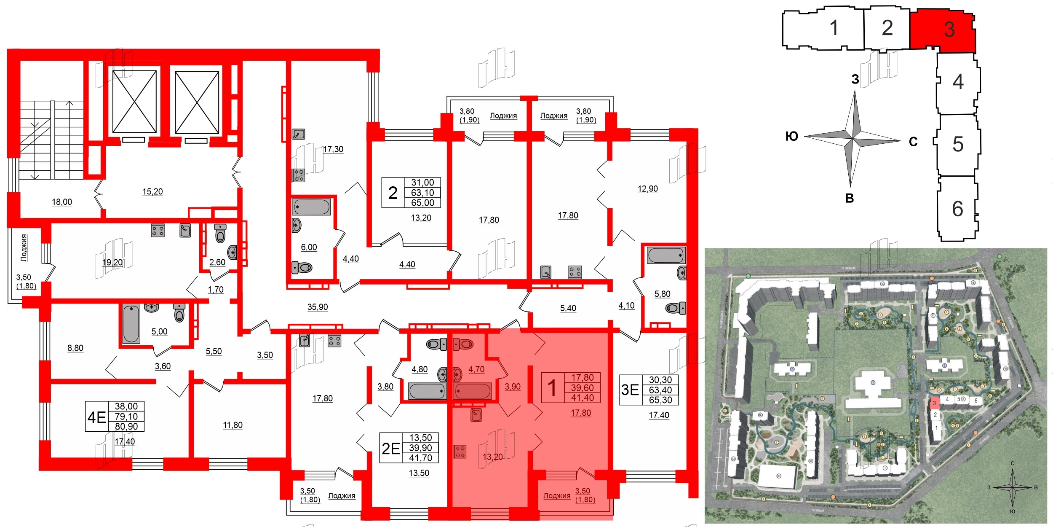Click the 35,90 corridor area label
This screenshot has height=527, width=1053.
pos(318,307)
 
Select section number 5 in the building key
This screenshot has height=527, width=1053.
pos(958,144)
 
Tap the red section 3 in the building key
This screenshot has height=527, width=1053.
pos(943,30)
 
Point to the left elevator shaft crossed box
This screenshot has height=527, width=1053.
pos(134,102)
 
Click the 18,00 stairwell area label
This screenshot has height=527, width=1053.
pos(62,202)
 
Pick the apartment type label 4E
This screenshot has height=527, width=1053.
pos(96,417)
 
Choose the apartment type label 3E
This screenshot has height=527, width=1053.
pos(630,390)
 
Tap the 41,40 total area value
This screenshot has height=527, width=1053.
pos(583,398)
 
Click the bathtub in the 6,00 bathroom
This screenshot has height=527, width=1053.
pos(312,207)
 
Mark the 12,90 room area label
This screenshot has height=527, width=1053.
pos(648,189)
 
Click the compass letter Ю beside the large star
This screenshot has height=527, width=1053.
pos(792,136)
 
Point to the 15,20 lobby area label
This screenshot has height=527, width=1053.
pos(152,192)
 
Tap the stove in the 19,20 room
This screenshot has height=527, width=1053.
pos(158,230)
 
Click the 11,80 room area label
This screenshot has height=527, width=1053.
pos(233,425)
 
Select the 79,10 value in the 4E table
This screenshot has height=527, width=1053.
pos(126,417)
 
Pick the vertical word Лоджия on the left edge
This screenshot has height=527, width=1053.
pos(24,248)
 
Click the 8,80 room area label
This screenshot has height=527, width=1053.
pos(75,348)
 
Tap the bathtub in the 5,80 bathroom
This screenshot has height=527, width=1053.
pos(665,255)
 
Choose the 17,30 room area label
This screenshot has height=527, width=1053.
pos(333,149)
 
